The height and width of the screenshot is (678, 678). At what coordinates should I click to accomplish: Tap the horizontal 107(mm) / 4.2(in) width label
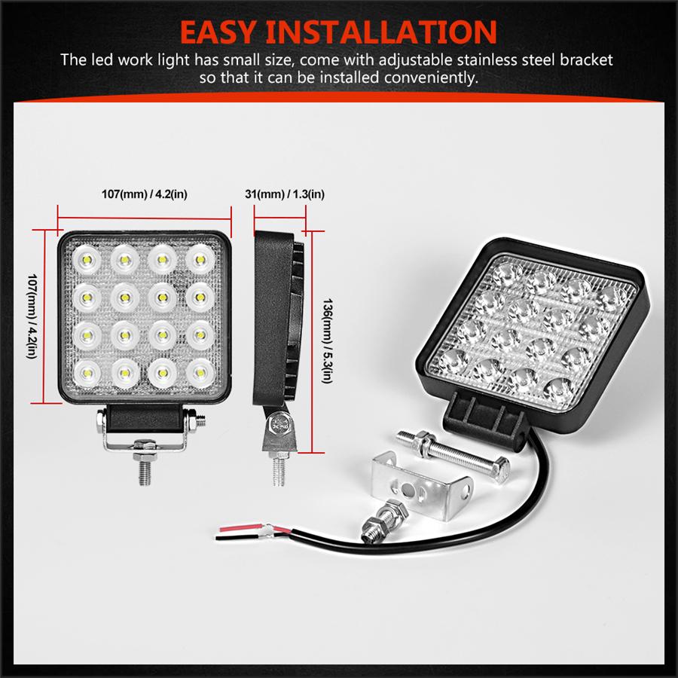coord(144,194)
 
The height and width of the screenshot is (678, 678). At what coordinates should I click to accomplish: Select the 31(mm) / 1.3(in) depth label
coord(286,194)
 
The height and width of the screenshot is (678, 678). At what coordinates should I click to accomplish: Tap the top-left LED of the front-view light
coord(83,260)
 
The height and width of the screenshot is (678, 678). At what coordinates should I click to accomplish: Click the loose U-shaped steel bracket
coord(422,488)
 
